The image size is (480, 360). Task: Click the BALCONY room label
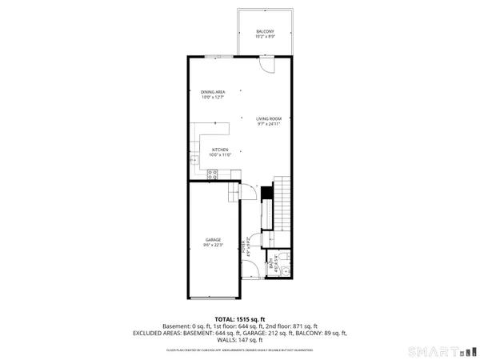266,31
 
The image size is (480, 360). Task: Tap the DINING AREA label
213,92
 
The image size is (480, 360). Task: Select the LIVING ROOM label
269,118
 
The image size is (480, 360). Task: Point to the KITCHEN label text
221,150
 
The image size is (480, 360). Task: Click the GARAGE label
214,240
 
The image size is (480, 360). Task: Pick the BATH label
276,261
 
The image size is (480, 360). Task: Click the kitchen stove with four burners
213,173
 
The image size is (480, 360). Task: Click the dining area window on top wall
214,55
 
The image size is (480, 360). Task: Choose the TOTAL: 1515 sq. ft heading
240,320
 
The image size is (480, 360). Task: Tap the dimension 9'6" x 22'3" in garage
214,246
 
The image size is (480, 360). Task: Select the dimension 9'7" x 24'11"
269,123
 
